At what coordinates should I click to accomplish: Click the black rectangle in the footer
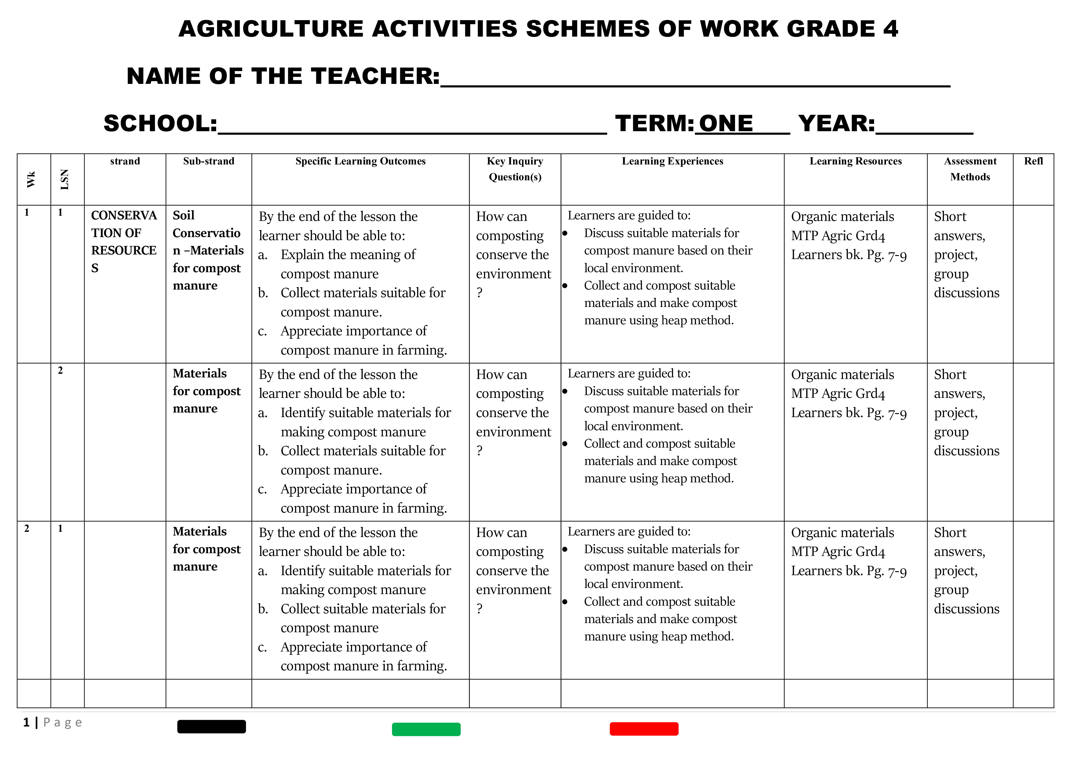click(x=211, y=727)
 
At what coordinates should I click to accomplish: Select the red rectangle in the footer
click(x=644, y=729)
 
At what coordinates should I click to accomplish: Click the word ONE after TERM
click(x=726, y=124)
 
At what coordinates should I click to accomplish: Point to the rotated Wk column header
click(x=31, y=179)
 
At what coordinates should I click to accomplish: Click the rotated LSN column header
click(x=65, y=179)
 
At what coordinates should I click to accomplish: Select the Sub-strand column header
click(x=209, y=161)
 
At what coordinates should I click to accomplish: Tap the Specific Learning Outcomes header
click(x=360, y=161)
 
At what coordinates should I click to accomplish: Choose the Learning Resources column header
click(x=855, y=161)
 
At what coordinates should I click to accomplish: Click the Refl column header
click(x=1033, y=161)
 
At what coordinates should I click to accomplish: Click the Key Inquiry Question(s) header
click(x=515, y=169)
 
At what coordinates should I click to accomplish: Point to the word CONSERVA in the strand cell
click(x=124, y=215)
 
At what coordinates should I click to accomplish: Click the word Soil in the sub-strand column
click(x=183, y=215)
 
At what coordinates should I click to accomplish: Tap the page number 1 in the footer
click(x=27, y=723)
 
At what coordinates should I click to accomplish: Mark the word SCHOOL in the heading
click(x=160, y=124)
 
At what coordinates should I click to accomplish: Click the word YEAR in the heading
click(x=836, y=124)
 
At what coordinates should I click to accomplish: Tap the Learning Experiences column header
click(x=672, y=161)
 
